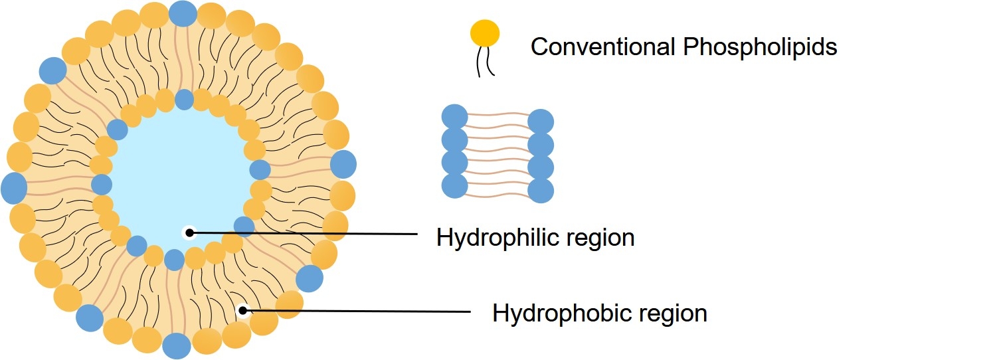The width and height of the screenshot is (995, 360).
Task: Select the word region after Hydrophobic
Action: tap(669, 313)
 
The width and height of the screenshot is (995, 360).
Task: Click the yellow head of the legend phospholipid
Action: tap(485, 33)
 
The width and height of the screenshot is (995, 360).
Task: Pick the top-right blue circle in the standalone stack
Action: tap(541, 122)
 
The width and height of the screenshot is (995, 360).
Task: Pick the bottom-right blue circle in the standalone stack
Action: tap(541, 189)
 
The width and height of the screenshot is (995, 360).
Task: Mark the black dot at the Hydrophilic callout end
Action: tap(189, 232)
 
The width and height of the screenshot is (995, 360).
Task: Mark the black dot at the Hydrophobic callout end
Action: tap(244, 310)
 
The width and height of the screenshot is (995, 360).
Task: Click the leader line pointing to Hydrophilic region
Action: tap(306, 233)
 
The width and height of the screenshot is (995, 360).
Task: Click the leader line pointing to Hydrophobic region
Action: tap(359, 311)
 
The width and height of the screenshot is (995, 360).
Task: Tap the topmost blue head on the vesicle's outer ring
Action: tap(182, 13)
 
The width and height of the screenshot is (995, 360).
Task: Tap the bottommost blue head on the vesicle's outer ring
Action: tap(177, 346)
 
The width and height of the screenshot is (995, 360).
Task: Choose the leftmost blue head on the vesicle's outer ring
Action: tap(14, 188)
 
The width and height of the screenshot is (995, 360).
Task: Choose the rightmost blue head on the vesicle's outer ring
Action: tap(343, 164)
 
